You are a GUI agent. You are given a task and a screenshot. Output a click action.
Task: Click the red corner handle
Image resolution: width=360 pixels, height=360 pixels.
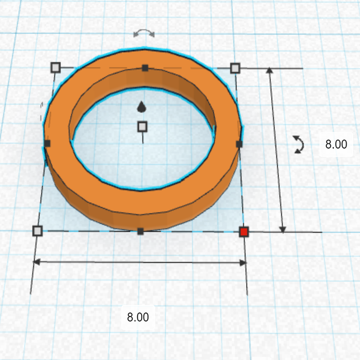pos(244,232)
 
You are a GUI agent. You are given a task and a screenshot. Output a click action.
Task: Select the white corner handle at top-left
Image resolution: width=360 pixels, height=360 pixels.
pos(56,68)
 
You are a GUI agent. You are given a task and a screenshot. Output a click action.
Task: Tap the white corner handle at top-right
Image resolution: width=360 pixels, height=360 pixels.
pos(235,69)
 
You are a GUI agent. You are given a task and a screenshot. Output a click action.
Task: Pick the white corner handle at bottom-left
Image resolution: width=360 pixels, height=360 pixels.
pos(38,231)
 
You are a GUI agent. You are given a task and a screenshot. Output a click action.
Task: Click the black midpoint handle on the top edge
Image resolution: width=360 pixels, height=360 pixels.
pos(145,68)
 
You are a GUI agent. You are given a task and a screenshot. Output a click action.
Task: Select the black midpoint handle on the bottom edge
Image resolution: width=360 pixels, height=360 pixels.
pos(141,231)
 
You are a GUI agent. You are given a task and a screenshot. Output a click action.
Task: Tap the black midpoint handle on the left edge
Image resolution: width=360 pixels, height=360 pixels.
pos(47,143)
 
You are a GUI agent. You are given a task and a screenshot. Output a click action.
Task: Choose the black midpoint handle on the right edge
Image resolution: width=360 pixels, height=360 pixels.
pos(239,143)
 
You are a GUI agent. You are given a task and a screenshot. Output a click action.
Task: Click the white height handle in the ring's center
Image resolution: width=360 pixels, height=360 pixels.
pos(142,126)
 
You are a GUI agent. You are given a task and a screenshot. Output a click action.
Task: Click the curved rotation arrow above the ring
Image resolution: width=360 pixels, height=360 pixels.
pos(144,34)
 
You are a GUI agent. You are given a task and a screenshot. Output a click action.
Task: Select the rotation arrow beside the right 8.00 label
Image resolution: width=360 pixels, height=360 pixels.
pos(298,144)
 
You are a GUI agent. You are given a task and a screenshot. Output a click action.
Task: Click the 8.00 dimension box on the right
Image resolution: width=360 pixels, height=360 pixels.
pos(336,144)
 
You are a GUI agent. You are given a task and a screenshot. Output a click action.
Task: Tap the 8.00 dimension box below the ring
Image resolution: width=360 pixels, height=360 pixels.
pos(138,317)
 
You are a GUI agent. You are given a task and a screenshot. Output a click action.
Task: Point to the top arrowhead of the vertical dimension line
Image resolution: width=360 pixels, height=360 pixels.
pos(269,70)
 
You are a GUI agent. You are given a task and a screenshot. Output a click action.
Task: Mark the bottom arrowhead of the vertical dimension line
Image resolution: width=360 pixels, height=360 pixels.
pos(283,229)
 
